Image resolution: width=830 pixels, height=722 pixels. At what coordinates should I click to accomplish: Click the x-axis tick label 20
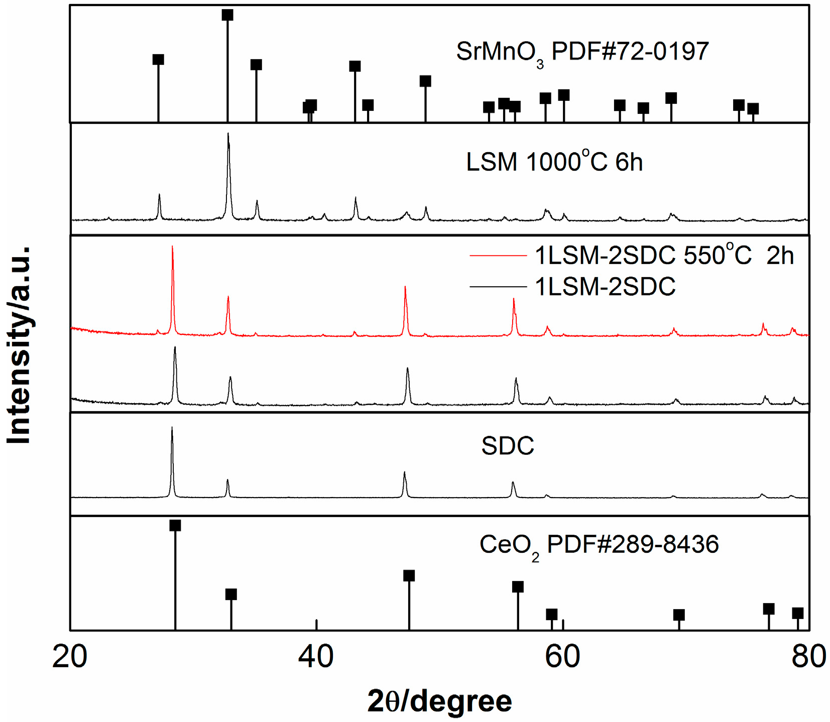pos(69,656)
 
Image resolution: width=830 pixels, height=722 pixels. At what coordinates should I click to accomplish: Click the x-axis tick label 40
pos(316,656)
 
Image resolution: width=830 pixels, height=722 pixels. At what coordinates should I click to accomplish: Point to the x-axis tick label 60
pos(562,656)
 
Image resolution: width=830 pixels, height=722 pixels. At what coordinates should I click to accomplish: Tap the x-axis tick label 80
pos(808,656)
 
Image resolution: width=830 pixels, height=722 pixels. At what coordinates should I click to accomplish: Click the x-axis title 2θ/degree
pos(439,701)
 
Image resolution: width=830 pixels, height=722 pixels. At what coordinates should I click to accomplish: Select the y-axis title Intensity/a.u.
pos(19,345)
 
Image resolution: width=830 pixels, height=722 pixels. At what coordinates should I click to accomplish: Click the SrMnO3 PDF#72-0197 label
pos(582,52)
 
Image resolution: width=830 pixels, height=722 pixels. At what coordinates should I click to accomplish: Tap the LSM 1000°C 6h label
pos(554,162)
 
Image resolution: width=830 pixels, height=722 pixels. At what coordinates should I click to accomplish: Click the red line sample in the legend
pos(498,256)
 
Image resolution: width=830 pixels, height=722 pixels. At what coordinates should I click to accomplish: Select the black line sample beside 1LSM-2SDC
pos(498,287)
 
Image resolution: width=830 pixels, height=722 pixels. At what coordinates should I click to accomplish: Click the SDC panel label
pos(507,446)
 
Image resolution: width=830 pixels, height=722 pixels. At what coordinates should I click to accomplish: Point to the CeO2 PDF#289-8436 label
pos(599,545)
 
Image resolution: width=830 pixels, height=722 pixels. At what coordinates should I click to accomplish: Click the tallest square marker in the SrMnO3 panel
pos(227,15)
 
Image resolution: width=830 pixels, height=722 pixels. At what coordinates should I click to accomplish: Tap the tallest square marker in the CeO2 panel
pos(175,526)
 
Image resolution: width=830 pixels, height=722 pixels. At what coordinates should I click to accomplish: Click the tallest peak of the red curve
pos(172,248)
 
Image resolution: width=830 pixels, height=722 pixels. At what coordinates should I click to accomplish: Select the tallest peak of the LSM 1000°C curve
pos(228,135)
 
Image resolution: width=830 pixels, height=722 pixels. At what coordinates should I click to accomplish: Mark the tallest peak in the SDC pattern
pos(172,428)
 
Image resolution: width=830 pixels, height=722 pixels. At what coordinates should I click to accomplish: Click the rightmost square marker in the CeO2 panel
pos(798,613)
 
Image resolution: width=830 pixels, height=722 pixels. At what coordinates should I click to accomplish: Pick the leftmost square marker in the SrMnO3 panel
pos(158,60)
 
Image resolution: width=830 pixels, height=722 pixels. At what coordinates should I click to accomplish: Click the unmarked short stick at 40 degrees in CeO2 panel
pos(316,625)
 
